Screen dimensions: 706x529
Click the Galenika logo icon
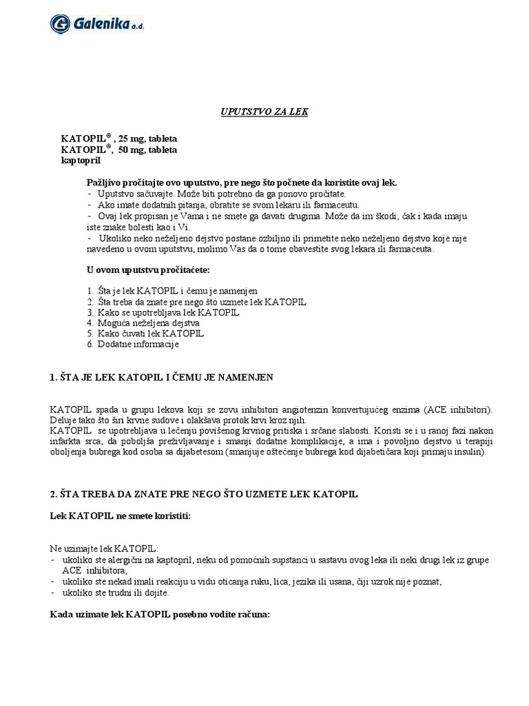[61, 23]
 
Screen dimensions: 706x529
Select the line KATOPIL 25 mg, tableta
[118, 138]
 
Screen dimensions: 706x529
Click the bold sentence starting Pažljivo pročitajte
[242, 183]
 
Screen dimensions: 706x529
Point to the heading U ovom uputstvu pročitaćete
[148, 268]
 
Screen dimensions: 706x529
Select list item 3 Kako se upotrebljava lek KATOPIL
[167, 312]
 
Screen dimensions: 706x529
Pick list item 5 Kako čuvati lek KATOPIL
[150, 333]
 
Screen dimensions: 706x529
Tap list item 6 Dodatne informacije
[138, 343]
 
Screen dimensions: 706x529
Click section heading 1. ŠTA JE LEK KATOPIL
[162, 377]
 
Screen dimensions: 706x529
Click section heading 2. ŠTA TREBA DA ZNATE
[204, 495]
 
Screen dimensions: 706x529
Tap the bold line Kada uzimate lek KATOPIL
[160, 613]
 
